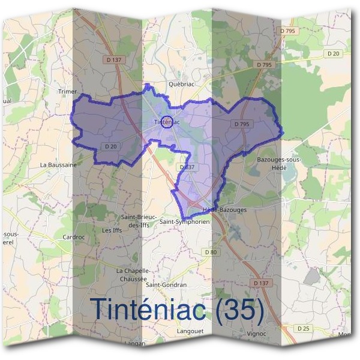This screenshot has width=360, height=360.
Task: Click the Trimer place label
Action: (x=68, y=91)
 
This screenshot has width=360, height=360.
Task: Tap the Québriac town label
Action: (x=182, y=84)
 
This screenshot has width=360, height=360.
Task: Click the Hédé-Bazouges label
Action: (x=225, y=210)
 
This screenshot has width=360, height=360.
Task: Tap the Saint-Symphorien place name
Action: (x=185, y=221)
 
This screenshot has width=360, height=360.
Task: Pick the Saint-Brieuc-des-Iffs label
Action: (x=139, y=221)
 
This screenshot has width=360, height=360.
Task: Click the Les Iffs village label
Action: (x=112, y=230)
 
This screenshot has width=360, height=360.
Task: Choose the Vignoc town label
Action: (x=256, y=333)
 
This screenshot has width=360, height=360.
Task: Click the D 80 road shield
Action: (x=211, y=252)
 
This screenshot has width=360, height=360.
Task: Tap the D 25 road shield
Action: (x=303, y=328)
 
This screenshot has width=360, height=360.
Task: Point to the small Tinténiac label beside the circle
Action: (x=167, y=122)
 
